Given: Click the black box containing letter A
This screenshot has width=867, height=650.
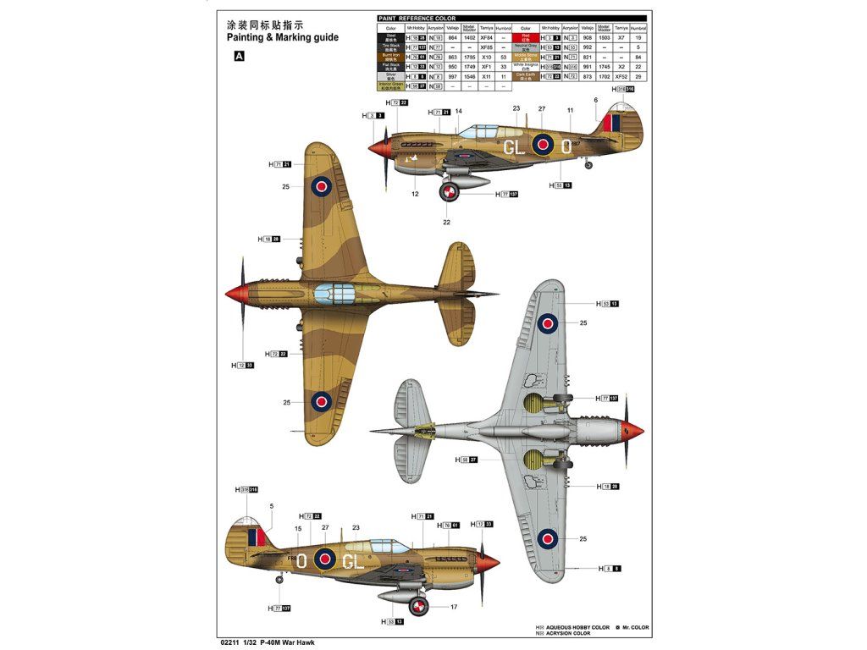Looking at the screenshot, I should coord(239,57).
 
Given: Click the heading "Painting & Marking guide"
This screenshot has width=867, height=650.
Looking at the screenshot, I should coord(282,37).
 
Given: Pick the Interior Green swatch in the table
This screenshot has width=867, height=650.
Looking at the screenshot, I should coord(390,85).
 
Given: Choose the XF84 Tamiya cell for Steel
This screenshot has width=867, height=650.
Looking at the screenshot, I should coord(485,38).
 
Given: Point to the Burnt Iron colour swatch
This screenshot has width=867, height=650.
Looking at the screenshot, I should coord(390,58).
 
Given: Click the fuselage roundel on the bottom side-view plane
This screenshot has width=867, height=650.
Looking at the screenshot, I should coord(324,558).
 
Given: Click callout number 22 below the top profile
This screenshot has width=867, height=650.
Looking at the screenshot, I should coord(446,223).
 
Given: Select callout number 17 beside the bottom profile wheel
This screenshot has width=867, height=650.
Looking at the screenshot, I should coord(454,606).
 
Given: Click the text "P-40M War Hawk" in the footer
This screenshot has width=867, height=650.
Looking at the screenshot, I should coord(285,641).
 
